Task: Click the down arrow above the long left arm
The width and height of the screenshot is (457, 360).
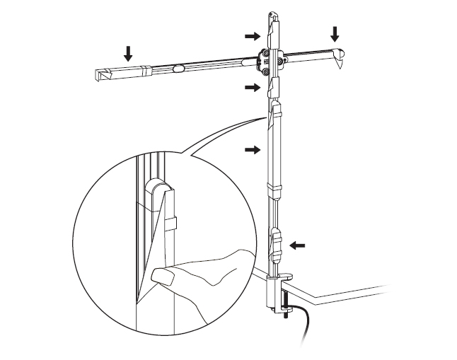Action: [x=128, y=52]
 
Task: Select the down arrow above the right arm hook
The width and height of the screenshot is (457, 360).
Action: [x=335, y=33]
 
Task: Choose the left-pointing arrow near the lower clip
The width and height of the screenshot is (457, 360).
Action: [x=299, y=245]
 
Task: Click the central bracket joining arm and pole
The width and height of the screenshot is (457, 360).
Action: [x=273, y=62]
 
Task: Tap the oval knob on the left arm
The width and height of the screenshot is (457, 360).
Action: [x=178, y=69]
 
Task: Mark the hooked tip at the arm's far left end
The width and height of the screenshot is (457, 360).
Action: [x=99, y=74]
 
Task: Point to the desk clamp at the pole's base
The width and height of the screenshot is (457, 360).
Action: [x=275, y=290]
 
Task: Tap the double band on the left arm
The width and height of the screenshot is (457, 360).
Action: [x=146, y=71]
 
